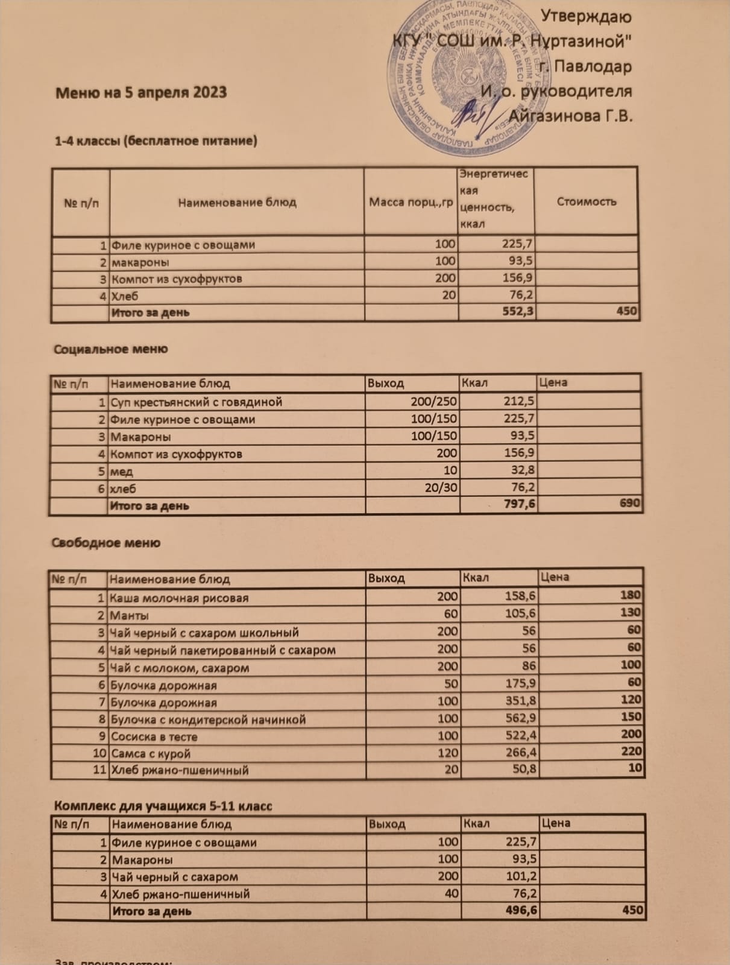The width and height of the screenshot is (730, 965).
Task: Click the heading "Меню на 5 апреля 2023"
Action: (x=142, y=93)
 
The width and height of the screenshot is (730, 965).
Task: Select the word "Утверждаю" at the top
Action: (x=587, y=16)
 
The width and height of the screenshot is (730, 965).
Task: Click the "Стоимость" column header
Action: (x=586, y=201)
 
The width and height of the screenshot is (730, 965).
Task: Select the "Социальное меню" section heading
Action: (x=111, y=349)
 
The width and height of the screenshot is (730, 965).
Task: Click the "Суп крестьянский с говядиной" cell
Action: (x=197, y=402)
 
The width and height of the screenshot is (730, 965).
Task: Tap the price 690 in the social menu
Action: (x=629, y=502)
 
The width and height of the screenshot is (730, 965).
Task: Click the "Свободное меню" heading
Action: (x=106, y=543)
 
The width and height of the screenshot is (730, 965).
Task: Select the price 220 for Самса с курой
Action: (x=631, y=751)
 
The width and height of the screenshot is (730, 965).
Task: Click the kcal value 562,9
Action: (x=522, y=718)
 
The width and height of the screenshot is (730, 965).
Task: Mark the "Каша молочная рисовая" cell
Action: (x=179, y=598)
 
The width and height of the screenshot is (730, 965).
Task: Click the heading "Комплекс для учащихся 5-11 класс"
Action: (x=163, y=806)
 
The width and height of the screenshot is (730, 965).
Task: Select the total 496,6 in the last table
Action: (x=521, y=910)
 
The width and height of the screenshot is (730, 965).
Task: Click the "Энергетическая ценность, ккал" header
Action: (x=494, y=199)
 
